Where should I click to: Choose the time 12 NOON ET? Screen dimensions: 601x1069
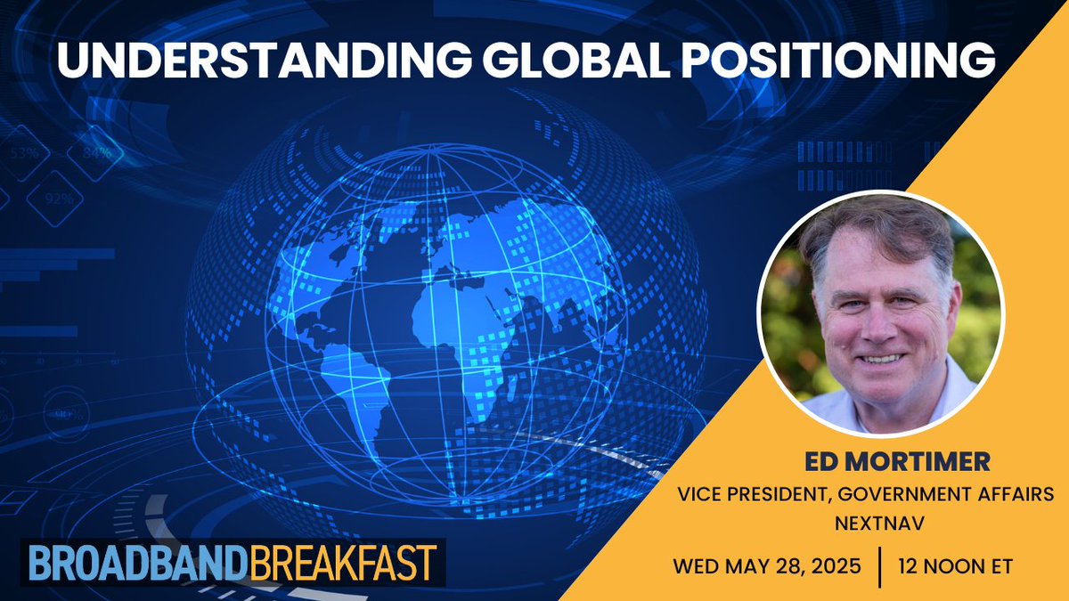click(956, 565)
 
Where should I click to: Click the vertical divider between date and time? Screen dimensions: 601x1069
click(879, 565)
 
